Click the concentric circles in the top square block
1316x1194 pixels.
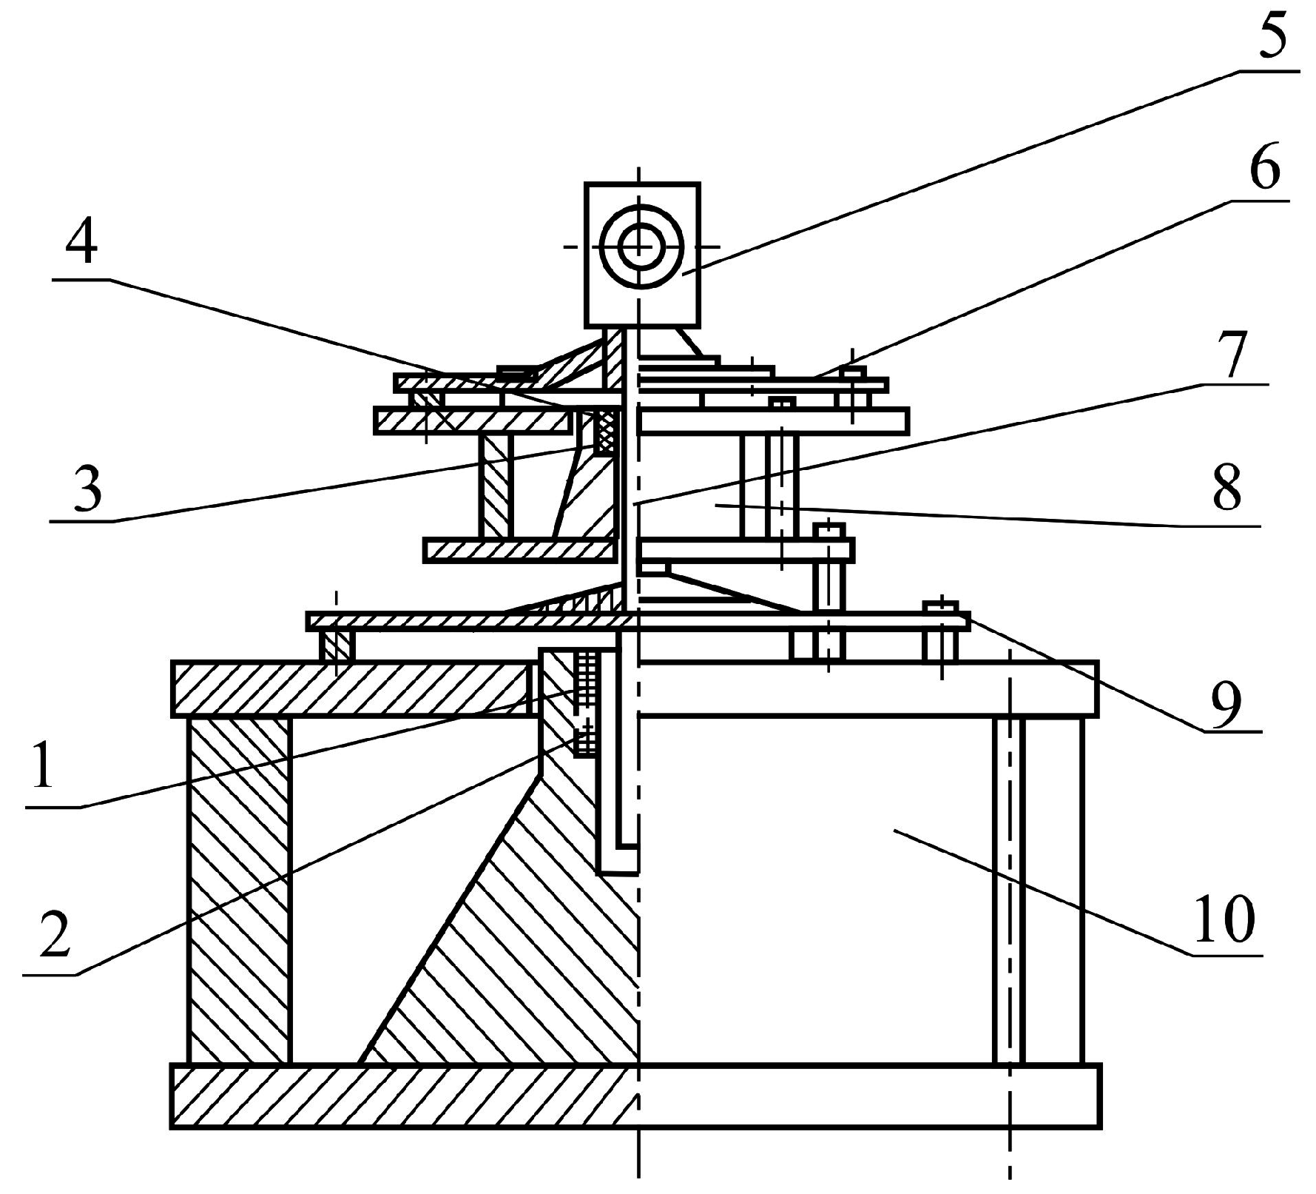(641, 246)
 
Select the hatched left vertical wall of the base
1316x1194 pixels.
(238, 888)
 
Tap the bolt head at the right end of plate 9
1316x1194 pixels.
(939, 607)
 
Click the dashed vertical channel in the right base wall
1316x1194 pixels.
(1010, 888)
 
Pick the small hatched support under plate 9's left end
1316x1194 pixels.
(337, 645)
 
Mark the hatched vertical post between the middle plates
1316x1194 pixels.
(496, 486)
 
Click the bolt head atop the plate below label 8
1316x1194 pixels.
(829, 529)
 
